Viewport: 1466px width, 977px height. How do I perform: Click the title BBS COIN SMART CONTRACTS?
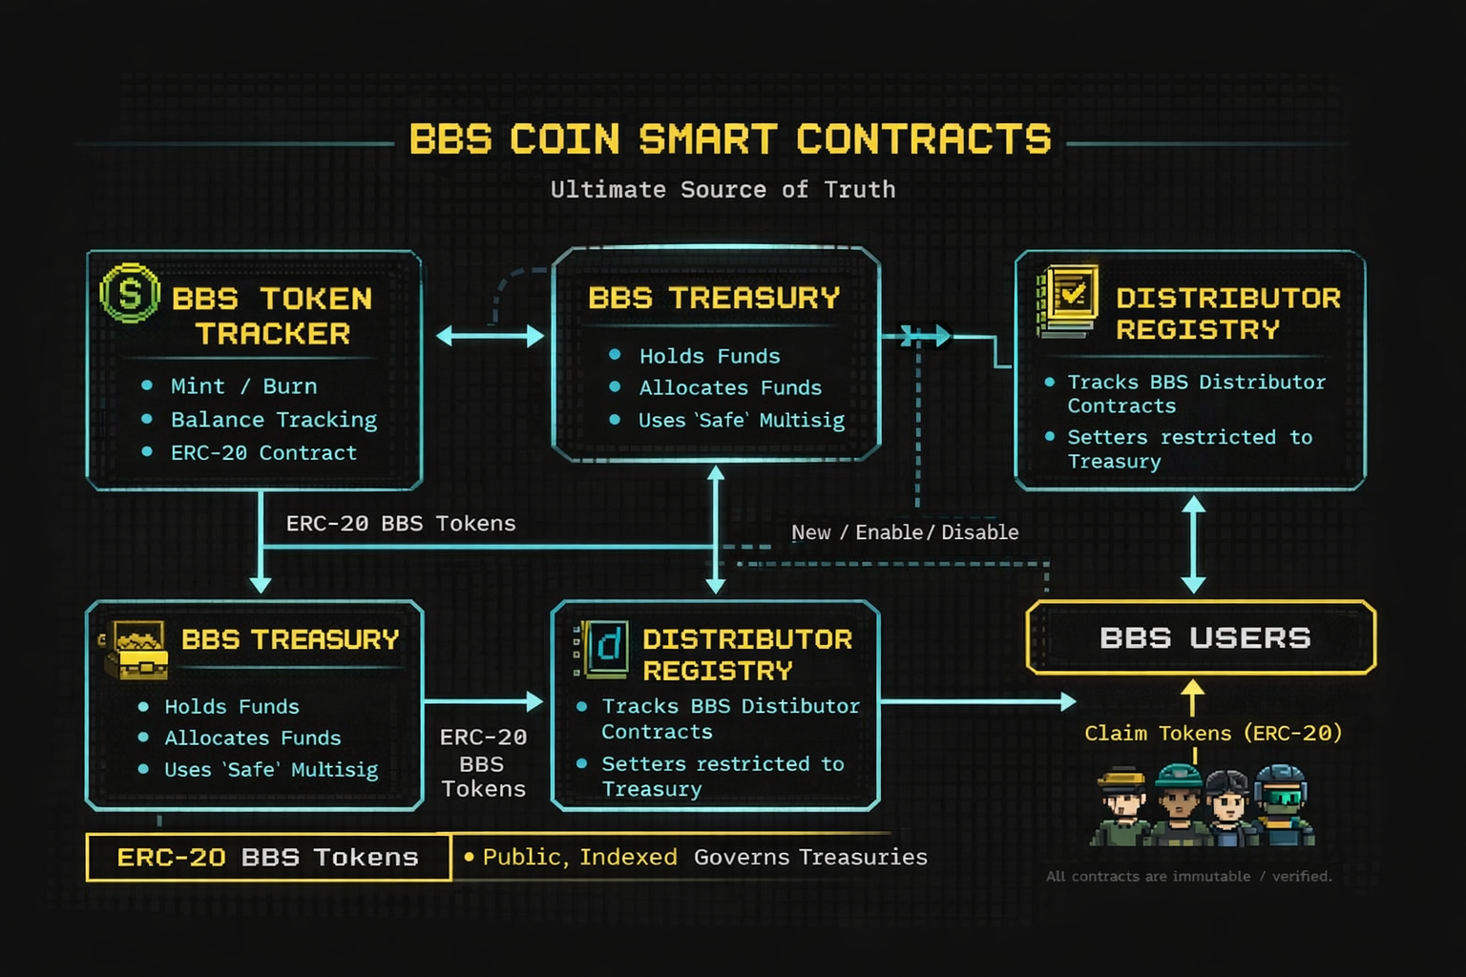pyautogui.click(x=730, y=138)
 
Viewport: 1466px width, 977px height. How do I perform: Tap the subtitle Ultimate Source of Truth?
pyautogui.click(x=723, y=190)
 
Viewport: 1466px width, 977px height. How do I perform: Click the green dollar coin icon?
pyautogui.click(x=130, y=293)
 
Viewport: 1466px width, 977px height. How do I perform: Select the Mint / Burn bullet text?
pyautogui.click(x=244, y=386)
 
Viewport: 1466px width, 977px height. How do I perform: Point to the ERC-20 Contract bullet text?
pyautogui.click(x=263, y=453)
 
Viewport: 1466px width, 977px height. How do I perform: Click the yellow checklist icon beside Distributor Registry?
pyautogui.click(x=1067, y=301)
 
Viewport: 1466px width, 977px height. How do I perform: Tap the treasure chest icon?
pyautogui.click(x=136, y=650)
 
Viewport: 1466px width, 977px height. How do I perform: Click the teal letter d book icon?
pyautogui.click(x=601, y=649)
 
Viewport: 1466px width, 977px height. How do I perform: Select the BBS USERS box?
pyautogui.click(x=1201, y=637)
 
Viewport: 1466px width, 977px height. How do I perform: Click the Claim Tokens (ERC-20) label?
pyautogui.click(x=1213, y=733)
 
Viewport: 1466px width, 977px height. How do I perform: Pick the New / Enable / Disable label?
pyautogui.click(x=905, y=532)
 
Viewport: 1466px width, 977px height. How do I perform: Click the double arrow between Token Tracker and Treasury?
pyautogui.click(x=490, y=337)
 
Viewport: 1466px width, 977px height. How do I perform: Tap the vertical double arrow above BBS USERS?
pyautogui.click(x=1194, y=545)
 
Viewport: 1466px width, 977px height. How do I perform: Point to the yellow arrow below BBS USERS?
pyautogui.click(x=1192, y=696)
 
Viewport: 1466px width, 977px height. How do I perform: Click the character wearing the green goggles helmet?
pyautogui.click(x=1282, y=805)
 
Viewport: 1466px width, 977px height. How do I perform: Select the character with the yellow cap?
pyautogui.click(x=1121, y=807)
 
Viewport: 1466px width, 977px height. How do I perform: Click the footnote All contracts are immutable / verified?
pyautogui.click(x=1188, y=876)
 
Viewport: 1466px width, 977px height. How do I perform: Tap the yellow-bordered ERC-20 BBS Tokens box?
pyautogui.click(x=268, y=857)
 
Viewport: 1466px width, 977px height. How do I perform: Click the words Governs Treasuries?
pyautogui.click(x=810, y=857)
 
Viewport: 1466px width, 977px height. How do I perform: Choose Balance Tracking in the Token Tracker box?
pyautogui.click(x=274, y=420)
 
